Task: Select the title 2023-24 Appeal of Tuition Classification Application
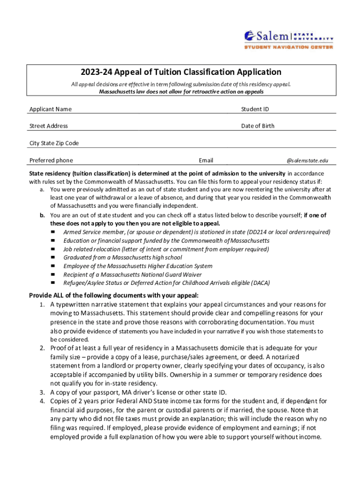[180, 72]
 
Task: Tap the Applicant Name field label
[50, 109]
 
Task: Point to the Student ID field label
[255, 109]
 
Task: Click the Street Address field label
[49, 126]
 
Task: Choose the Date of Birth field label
[258, 126]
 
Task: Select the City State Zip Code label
[54, 143]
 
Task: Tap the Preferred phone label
[51, 160]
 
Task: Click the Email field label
[206, 160]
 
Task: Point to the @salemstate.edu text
[307, 160]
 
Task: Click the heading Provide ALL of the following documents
[114, 295]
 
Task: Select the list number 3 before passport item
[42, 392]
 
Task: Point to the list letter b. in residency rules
[42, 215]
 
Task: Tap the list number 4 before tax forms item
[42, 401]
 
